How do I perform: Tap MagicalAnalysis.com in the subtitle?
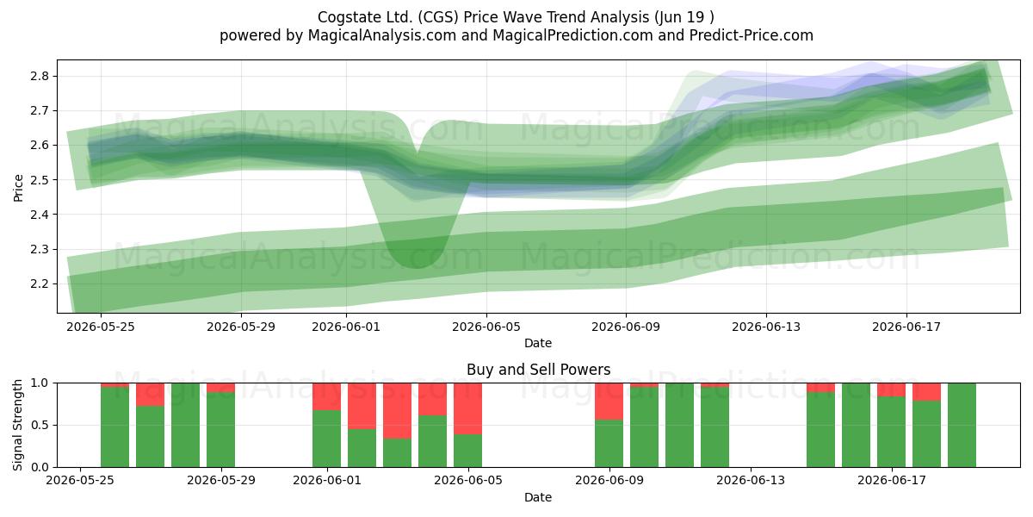tap(382, 35)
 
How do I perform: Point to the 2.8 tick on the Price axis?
tap(40, 76)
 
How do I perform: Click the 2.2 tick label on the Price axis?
tap(40, 283)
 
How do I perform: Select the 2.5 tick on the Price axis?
tap(40, 180)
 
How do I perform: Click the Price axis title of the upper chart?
tap(18, 188)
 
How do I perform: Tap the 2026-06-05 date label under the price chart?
tap(486, 327)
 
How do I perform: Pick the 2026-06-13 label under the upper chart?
tap(766, 327)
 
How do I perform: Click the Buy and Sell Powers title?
tap(538, 370)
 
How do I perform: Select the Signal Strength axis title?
tap(17, 425)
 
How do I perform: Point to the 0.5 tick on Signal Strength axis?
tap(40, 425)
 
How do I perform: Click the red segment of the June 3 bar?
tap(397, 411)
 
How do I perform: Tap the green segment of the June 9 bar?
tap(609, 443)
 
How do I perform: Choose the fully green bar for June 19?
tap(962, 425)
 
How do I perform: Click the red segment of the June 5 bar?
tap(467, 408)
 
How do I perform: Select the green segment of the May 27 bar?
tap(150, 436)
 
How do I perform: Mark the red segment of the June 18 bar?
tap(926, 392)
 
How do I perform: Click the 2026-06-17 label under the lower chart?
tap(892, 481)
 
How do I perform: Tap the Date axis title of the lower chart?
tap(538, 497)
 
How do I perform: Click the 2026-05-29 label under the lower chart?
tap(221, 481)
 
